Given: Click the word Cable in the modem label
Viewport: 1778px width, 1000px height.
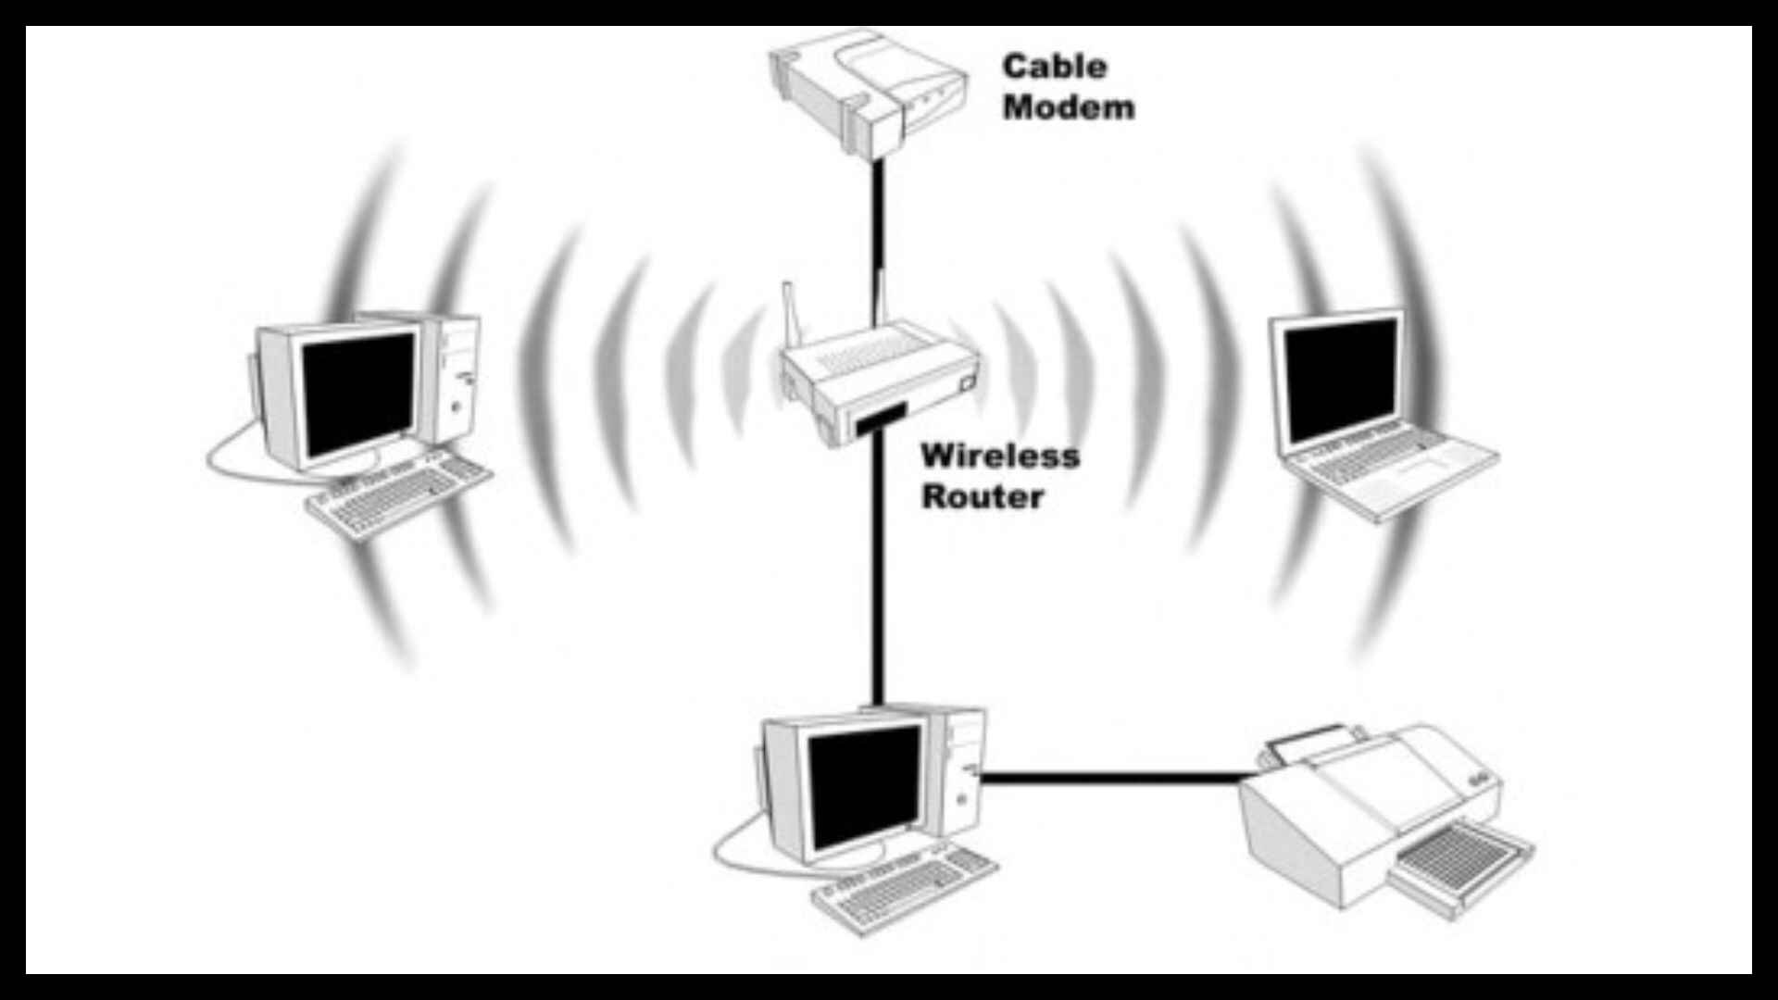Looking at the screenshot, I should pos(1054,67).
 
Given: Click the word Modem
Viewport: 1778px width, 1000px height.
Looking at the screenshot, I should pos(1068,107).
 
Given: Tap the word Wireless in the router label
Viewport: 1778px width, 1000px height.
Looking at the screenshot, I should pos(1000,456).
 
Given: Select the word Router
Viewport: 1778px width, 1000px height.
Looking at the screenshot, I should pos(982,496).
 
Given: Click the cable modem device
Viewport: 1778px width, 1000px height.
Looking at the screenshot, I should pos(866,88).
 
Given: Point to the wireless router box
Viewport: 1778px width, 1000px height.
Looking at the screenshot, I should pos(880,380).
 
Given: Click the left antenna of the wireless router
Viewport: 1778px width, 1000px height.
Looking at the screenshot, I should pos(791,315).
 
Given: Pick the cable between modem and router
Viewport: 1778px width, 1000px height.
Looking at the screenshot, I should pos(876,222).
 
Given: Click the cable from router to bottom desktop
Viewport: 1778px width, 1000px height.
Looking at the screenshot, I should pos(876,574).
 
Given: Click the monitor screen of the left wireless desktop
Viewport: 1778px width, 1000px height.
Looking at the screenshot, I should pos(357,394).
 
